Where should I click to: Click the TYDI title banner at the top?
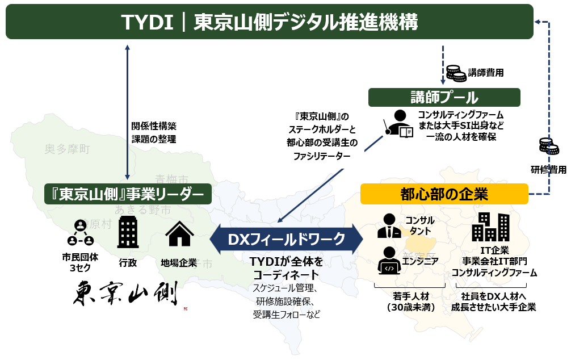click(x=270, y=22)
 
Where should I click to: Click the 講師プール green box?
click(x=444, y=97)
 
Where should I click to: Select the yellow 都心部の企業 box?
click(x=444, y=194)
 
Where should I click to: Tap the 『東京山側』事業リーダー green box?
click(x=128, y=194)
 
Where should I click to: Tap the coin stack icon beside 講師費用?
click(x=454, y=73)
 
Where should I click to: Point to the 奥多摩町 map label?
click(x=68, y=149)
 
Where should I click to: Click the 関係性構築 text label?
click(x=154, y=126)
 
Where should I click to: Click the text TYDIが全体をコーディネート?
click(x=287, y=268)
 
